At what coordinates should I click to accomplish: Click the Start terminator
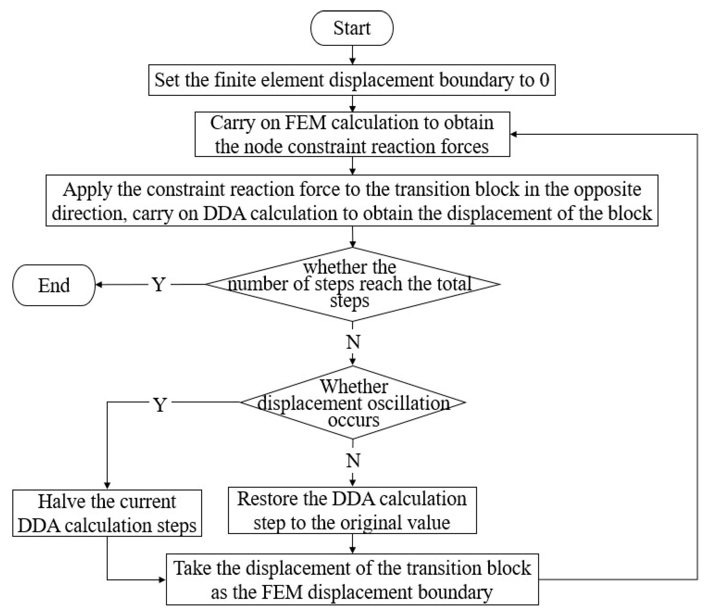click(x=352, y=28)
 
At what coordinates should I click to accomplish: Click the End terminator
click(x=54, y=285)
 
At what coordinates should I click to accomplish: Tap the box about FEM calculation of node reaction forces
click(x=352, y=134)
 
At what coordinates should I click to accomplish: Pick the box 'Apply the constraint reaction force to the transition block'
click(x=352, y=201)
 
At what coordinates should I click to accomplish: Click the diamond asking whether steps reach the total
click(x=352, y=284)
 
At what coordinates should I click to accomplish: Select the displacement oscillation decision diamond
click(x=352, y=402)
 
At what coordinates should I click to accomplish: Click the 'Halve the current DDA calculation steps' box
click(x=107, y=513)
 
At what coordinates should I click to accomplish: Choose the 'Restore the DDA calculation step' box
click(x=352, y=510)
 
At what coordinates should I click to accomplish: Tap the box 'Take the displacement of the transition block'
click(x=352, y=579)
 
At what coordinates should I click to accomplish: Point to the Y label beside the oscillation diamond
click(x=160, y=405)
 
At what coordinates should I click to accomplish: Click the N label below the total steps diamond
click(x=353, y=342)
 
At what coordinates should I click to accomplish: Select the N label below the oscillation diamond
click(x=353, y=460)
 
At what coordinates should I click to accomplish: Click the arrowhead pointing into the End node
click(x=99, y=285)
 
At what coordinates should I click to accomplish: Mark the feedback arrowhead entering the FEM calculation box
click(x=514, y=134)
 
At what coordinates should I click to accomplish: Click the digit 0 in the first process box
click(x=544, y=80)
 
